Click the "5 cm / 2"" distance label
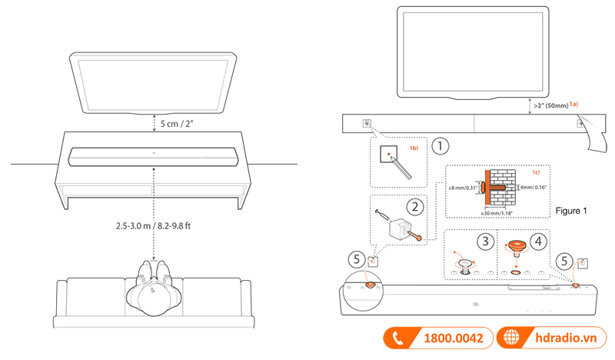(x=179, y=122)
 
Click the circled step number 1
(x=439, y=145)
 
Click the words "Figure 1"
(x=571, y=210)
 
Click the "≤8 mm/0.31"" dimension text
(x=461, y=186)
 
